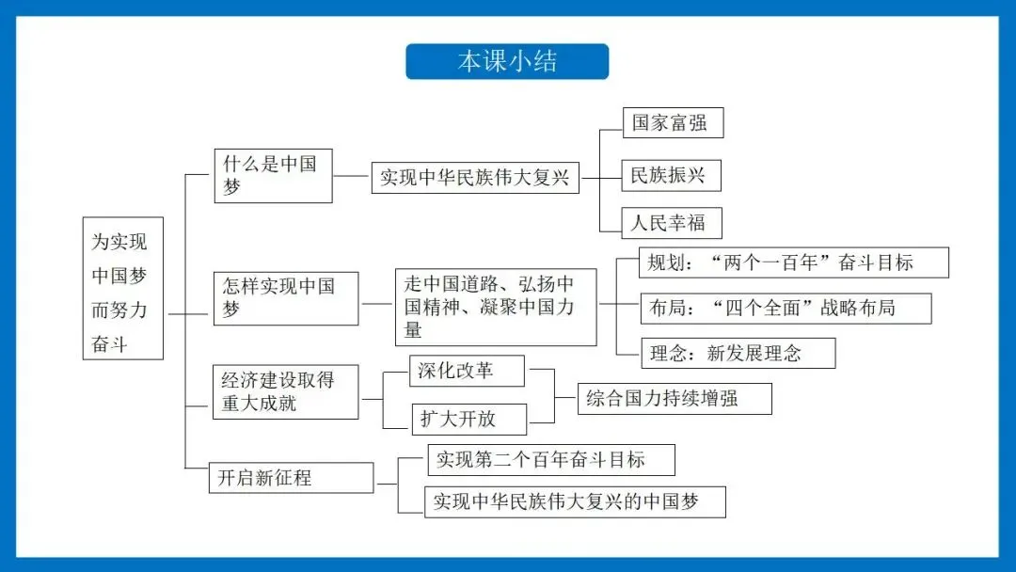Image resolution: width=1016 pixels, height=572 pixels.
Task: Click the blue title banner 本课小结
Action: tap(507, 62)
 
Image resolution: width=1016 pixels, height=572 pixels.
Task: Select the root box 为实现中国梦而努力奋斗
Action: tap(122, 288)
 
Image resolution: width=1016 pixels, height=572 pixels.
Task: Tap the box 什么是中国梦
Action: tap(273, 175)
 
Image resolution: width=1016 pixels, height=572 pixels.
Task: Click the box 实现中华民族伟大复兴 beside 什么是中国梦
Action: tap(475, 177)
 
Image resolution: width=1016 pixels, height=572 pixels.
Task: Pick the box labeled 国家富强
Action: tap(673, 123)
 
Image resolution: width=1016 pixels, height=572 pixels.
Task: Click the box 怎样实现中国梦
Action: tap(286, 298)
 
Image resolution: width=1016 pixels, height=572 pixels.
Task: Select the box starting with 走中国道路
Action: tap(496, 307)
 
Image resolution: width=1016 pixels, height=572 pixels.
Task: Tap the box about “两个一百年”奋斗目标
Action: tap(794, 262)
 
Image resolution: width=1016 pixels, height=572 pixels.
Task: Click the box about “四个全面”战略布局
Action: tap(786, 308)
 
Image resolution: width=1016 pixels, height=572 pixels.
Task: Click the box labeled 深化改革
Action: tap(468, 371)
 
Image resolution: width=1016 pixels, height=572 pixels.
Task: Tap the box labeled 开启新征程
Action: tap(291, 478)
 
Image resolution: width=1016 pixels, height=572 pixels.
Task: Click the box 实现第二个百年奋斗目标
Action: tap(551, 460)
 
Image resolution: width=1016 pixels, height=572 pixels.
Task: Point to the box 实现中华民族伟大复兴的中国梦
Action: tap(575, 501)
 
